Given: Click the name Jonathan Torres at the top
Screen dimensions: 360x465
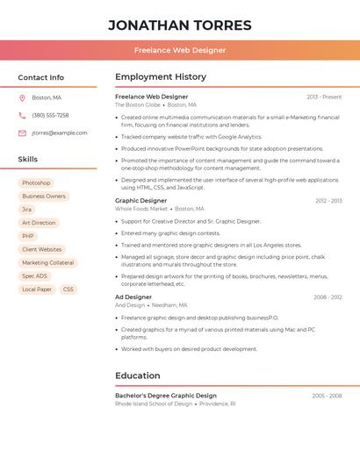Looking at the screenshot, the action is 180,25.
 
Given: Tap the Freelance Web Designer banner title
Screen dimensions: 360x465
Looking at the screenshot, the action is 180,51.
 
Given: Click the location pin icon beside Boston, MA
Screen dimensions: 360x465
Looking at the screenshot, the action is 22,97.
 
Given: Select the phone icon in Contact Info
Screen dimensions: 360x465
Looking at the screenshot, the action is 22,115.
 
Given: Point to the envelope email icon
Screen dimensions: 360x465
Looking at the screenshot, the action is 22,132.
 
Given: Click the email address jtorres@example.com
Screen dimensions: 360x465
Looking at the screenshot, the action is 60,132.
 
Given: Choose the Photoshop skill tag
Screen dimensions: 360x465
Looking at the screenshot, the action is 36,182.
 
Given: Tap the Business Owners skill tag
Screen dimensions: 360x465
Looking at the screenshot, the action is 44,196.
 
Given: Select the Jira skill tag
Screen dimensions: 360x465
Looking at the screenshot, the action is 27,210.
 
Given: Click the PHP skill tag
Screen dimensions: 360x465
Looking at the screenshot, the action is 28,236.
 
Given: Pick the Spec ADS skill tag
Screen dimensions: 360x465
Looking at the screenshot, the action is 35,275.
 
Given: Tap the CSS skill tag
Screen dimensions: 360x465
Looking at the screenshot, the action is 68,289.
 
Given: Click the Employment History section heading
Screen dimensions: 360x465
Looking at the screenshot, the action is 161,77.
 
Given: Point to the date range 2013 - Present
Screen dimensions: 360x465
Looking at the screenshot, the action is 324,97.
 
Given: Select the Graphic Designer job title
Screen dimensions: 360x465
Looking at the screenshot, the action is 140,200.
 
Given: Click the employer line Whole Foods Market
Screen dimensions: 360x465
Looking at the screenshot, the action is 141,209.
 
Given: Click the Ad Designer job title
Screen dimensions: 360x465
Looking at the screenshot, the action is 133,297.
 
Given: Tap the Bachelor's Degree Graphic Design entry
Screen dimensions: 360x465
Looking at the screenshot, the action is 166,395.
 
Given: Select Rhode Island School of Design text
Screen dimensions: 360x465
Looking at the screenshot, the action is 154,404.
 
